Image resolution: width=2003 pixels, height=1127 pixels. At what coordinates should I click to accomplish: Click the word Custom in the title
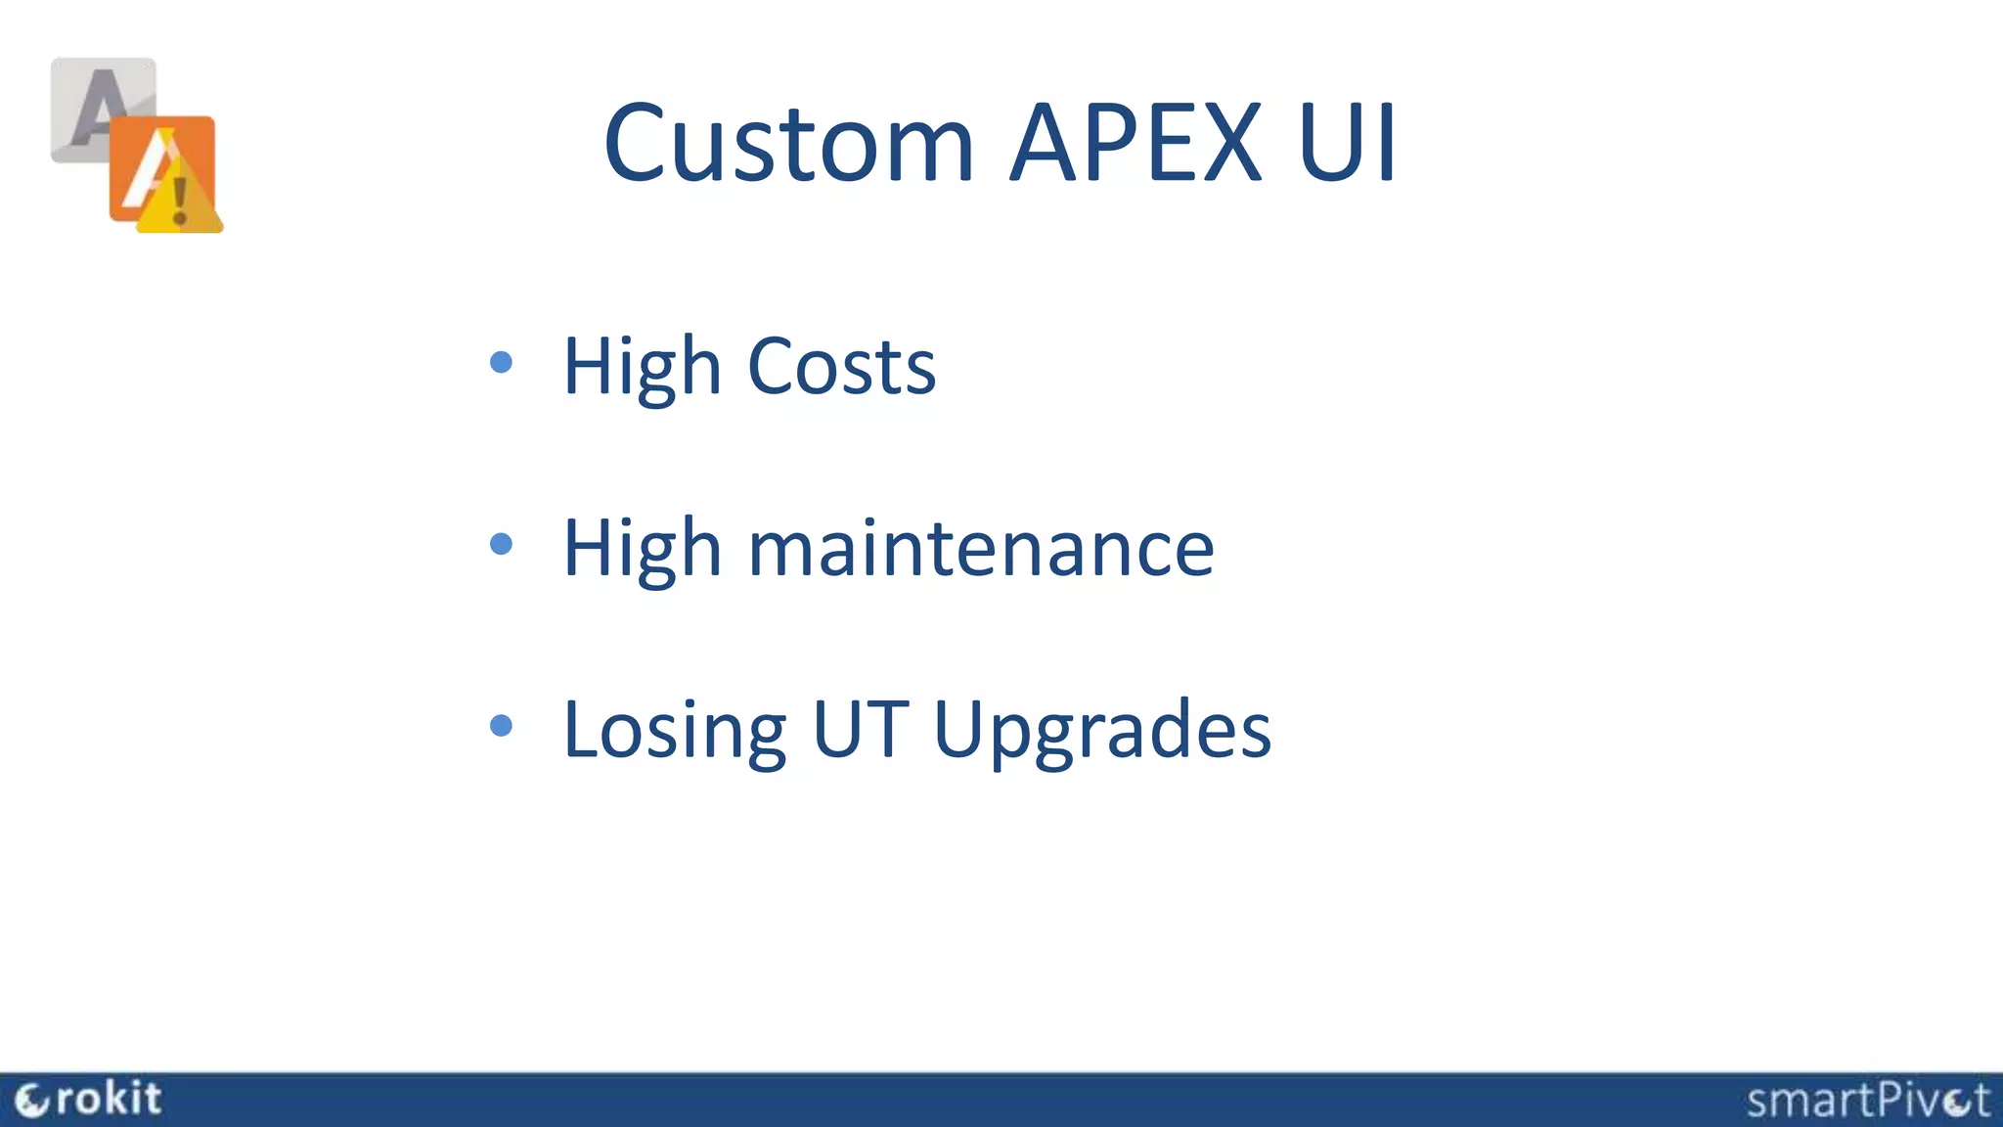click(x=788, y=144)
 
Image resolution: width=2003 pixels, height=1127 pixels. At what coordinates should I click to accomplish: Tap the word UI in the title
click(x=1347, y=144)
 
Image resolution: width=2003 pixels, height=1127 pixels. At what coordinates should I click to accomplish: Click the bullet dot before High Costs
click(x=501, y=363)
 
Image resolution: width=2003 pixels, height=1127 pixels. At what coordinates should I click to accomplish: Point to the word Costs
click(x=841, y=367)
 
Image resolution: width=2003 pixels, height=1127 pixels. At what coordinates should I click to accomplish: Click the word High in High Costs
click(x=642, y=367)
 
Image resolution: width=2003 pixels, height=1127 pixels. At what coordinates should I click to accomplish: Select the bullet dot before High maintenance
click(x=501, y=544)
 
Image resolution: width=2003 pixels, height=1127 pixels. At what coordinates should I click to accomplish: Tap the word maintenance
click(x=981, y=548)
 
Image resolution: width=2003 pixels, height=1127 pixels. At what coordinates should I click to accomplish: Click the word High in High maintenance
click(x=642, y=548)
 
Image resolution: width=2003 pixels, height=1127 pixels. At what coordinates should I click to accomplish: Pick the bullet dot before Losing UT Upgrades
click(x=501, y=725)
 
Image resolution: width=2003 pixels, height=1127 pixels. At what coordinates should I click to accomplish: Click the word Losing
click(x=675, y=730)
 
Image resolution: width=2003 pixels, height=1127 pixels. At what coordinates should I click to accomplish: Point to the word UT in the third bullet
click(x=860, y=729)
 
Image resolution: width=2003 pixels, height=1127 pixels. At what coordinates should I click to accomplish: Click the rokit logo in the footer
click(x=89, y=1100)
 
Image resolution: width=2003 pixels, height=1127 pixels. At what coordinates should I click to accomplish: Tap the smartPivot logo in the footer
click(x=1867, y=1101)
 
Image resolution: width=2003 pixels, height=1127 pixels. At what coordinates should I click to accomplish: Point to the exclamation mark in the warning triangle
click(x=180, y=200)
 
